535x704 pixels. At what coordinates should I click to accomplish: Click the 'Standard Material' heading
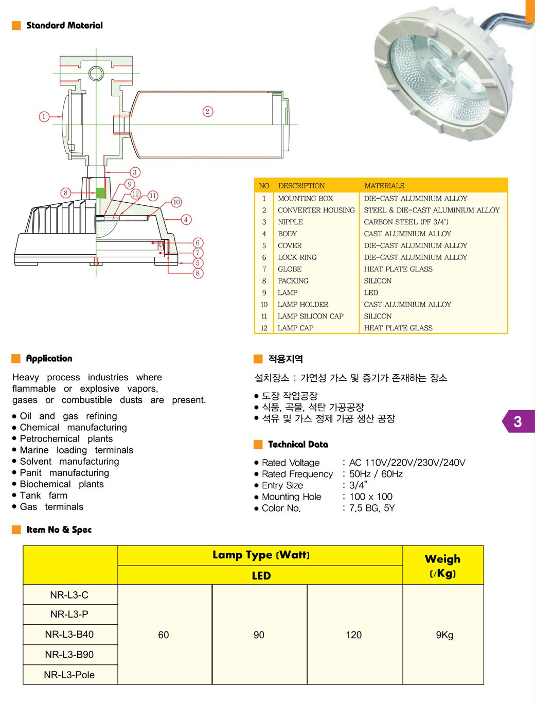click(x=64, y=25)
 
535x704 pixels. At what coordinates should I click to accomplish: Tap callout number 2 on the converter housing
click(x=207, y=111)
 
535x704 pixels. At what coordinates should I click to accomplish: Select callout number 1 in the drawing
click(x=44, y=117)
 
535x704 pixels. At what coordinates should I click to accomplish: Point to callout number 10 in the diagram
click(x=176, y=202)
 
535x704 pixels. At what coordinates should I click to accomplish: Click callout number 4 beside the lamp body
click(x=186, y=219)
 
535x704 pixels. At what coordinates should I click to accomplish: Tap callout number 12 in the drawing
click(x=135, y=194)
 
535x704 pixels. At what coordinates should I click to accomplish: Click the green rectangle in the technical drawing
click(x=100, y=193)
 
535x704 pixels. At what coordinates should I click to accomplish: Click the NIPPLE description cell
click(x=290, y=222)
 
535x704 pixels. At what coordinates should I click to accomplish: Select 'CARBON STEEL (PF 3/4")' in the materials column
click(x=406, y=222)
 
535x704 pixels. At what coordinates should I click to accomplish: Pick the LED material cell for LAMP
click(x=371, y=292)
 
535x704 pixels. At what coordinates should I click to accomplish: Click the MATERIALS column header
click(x=384, y=186)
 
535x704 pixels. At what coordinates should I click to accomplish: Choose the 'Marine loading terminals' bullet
click(x=76, y=450)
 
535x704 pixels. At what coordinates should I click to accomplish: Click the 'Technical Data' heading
click(x=298, y=444)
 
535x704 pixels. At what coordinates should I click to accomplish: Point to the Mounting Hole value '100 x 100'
click(x=370, y=497)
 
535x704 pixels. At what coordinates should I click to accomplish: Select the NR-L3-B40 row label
click(x=69, y=634)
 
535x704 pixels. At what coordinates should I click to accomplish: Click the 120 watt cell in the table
click(x=354, y=635)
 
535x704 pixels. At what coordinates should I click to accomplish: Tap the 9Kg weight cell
click(x=444, y=635)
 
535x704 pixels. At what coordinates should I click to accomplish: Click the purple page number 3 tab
click(x=518, y=421)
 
